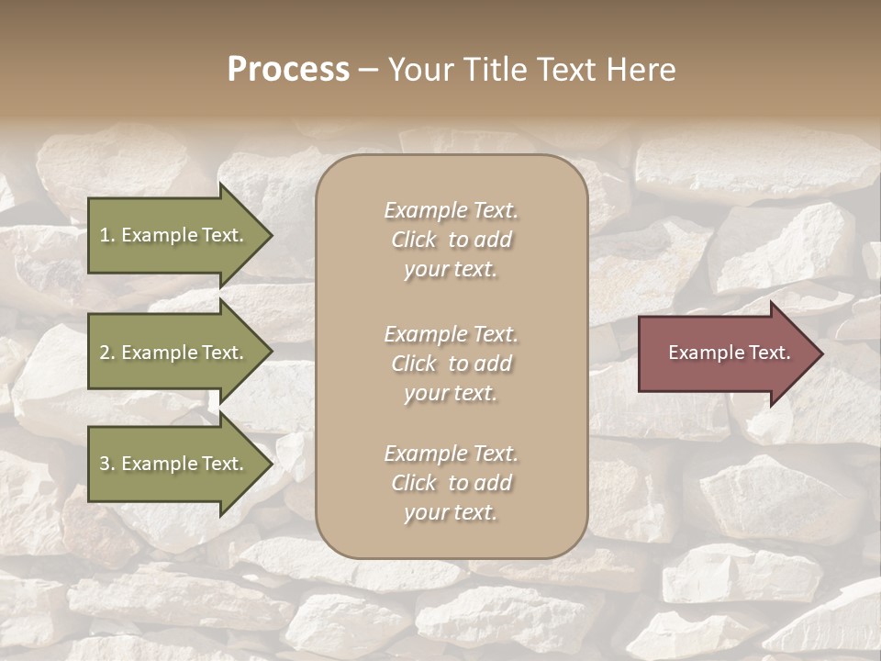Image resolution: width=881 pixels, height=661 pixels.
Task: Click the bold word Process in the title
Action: coord(288,70)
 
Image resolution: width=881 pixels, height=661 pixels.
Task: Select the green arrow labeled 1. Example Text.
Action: coord(174,235)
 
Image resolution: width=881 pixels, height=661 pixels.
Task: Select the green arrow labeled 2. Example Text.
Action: coord(174,353)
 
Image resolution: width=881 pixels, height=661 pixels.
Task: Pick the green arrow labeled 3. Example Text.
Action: coord(174,464)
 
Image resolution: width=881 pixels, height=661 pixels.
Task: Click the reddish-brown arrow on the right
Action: coord(725,353)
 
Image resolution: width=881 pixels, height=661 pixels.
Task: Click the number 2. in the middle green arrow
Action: coord(107,353)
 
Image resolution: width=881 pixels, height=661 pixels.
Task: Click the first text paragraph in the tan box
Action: coord(451,240)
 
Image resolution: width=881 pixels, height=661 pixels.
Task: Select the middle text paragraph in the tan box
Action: coord(451,364)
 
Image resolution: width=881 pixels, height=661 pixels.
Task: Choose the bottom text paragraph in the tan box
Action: coord(451,483)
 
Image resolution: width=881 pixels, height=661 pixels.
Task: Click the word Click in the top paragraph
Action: coord(414,240)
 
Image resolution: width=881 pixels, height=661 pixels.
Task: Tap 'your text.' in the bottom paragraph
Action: coord(451,512)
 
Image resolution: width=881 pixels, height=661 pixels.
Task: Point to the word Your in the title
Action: coord(418,70)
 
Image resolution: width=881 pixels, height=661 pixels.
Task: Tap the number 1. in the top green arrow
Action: coord(107,235)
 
